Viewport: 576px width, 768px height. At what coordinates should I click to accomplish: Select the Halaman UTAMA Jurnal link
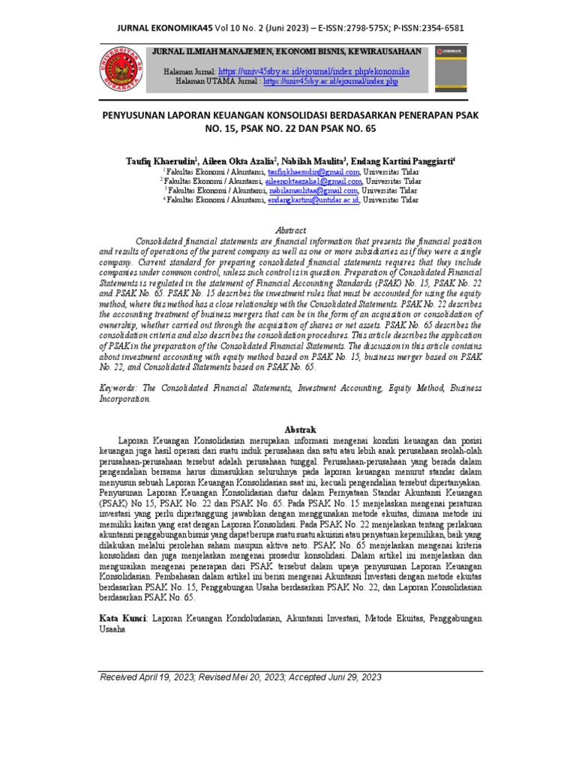pos(330,80)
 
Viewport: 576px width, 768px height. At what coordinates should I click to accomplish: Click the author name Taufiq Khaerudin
pos(161,161)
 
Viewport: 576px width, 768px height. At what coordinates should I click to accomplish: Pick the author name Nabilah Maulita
pos(312,161)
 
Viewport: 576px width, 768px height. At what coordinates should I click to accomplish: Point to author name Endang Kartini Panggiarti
pos(402,161)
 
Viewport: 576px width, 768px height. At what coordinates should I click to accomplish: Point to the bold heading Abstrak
pos(288,427)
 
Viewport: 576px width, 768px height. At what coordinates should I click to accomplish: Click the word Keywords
pos(121,388)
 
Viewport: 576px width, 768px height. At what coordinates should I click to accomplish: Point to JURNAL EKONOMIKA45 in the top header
pos(160,28)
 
